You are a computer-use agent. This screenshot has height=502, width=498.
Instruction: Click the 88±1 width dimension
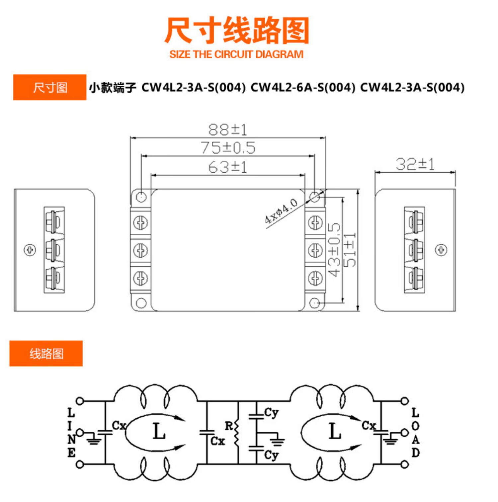pyautogui.click(x=228, y=130)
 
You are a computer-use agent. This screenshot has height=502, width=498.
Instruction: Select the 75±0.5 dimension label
pyautogui.click(x=228, y=148)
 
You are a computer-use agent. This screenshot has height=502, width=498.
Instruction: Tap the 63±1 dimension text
pyautogui.click(x=228, y=167)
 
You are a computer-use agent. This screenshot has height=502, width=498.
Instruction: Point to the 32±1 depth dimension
pyautogui.click(x=415, y=164)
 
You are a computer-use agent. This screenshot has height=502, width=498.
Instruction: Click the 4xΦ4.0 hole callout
pyautogui.click(x=281, y=211)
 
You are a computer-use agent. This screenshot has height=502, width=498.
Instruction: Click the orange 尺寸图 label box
pyautogui.click(x=50, y=88)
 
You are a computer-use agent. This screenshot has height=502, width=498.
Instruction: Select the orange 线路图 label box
pyautogui.click(x=46, y=354)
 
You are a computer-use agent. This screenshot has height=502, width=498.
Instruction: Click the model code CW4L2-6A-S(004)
pyautogui.click(x=303, y=88)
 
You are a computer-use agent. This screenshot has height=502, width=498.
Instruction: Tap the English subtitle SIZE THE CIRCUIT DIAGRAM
pyautogui.click(x=236, y=54)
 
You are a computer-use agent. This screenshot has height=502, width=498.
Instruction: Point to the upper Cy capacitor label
pyautogui.click(x=271, y=413)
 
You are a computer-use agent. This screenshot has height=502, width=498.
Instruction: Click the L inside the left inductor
pyautogui.click(x=159, y=432)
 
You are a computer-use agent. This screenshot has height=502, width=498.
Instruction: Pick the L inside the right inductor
pyautogui.click(x=335, y=432)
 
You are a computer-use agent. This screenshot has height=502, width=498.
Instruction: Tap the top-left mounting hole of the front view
pyautogui.click(x=141, y=197)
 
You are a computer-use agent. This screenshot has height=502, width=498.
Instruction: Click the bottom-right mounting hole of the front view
pyautogui.click(x=314, y=303)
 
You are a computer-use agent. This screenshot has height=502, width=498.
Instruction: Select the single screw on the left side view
pyautogui.click(x=30, y=250)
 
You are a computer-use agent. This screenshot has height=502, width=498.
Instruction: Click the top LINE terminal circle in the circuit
pyautogui.click(x=80, y=401)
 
